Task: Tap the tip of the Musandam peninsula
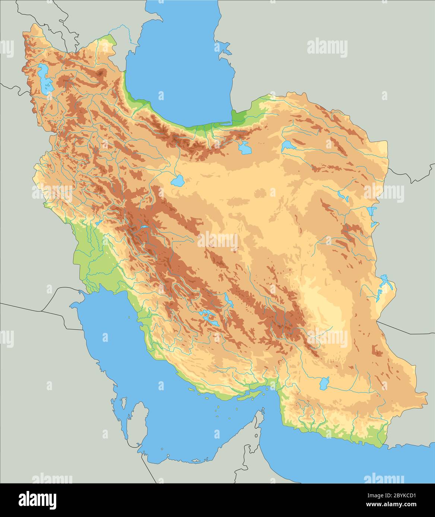(263, 411)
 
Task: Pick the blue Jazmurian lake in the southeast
(324, 382)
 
